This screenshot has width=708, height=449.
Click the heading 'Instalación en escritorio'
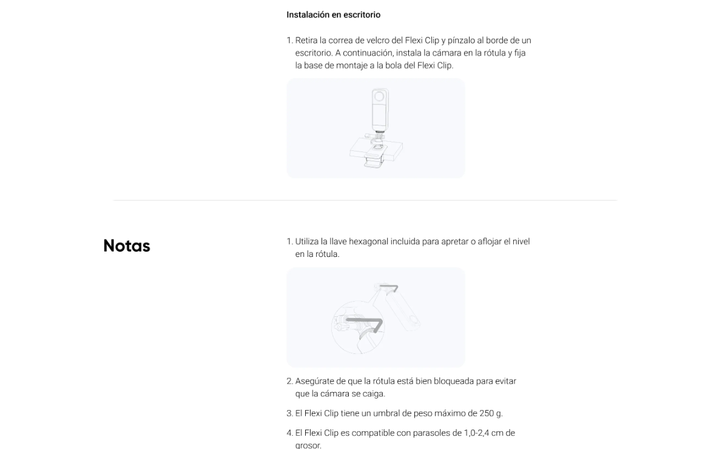(x=333, y=15)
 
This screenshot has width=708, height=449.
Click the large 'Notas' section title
(x=126, y=245)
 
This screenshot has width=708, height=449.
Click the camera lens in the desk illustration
(x=379, y=96)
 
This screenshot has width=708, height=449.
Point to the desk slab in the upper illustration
(x=376, y=150)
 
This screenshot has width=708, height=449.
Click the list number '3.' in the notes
(x=289, y=413)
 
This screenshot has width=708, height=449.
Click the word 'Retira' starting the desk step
(x=306, y=40)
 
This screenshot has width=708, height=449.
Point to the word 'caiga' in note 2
(x=374, y=394)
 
